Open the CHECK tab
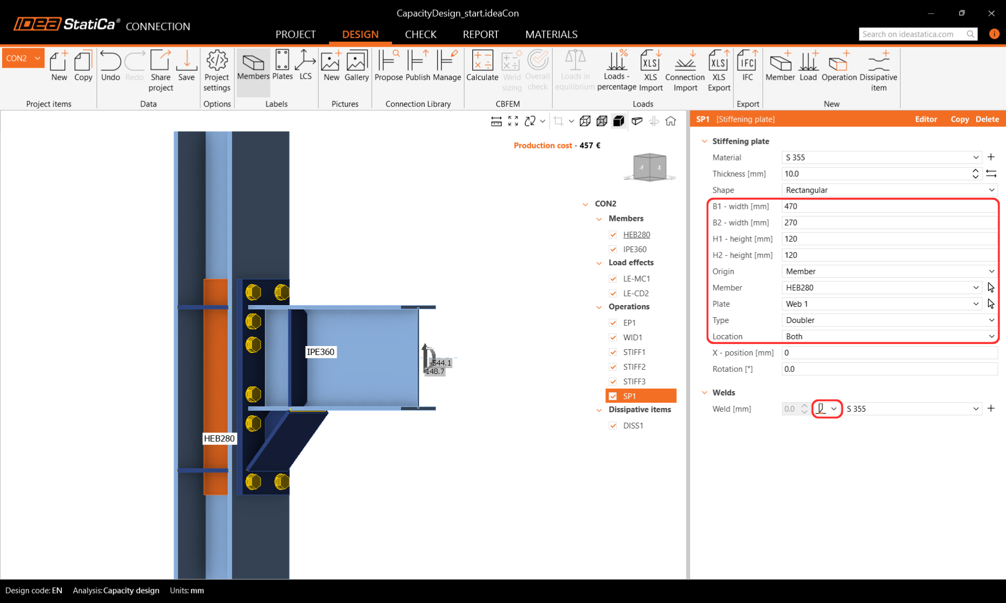420,34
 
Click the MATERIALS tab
551,34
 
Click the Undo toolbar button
110,66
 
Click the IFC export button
747,66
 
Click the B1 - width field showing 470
889,206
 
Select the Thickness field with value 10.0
875,174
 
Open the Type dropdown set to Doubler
889,320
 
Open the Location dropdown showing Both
889,336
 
